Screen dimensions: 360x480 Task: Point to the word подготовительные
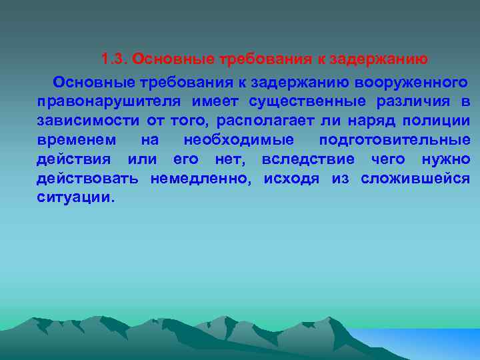395,141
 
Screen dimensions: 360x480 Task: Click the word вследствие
308,160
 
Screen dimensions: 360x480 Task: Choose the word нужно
446,160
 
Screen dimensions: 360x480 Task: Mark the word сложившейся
415,179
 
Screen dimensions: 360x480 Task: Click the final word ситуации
76,199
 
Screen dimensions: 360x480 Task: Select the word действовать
88,179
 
